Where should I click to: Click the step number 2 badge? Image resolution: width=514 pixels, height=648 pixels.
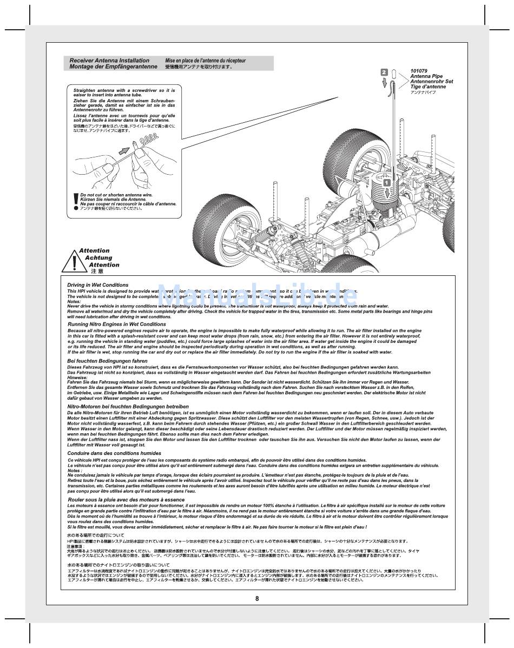click(384, 72)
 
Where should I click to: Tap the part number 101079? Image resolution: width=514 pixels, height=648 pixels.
click(419, 71)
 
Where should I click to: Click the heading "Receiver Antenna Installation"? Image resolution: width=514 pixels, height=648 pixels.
click(110, 61)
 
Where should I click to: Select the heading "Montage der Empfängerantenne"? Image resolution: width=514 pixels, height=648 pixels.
click(114, 67)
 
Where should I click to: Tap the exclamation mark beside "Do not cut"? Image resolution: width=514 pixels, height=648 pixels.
click(75, 202)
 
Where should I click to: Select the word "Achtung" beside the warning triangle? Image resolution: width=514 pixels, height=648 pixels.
click(98, 258)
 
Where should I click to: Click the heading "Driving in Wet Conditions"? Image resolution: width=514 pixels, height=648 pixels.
click(98, 285)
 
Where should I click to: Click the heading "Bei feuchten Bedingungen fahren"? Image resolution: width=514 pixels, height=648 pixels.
click(107, 361)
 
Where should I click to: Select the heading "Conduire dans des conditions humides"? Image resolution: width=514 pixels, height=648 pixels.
click(114, 453)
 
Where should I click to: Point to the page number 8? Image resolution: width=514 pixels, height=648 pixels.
click(257, 598)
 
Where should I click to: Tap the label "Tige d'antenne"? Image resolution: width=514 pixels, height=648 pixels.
click(428, 87)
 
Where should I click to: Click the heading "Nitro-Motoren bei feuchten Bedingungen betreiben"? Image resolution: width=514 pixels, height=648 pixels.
click(128, 406)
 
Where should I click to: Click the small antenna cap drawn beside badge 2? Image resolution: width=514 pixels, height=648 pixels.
click(394, 72)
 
